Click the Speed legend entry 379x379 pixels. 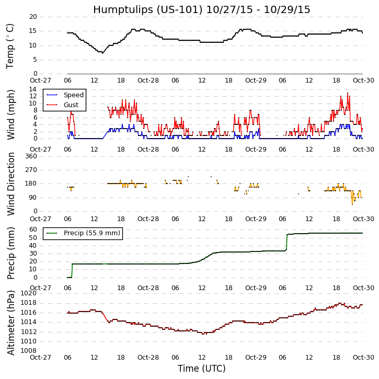pos(73,95)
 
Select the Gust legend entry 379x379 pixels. pos(71,105)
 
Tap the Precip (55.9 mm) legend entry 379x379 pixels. pos(91,233)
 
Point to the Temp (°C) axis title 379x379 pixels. pos(10,45)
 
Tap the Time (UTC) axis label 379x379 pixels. pos(201,369)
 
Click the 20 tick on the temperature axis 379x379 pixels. pos(33,17)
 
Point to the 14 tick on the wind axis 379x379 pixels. pos(33,89)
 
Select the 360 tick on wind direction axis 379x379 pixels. pos(31,156)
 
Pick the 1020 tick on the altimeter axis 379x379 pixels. pos(29,293)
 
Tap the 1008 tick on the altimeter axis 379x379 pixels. pos(29,351)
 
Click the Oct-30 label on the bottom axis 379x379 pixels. pos(363,358)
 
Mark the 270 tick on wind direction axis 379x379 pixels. pos(31,170)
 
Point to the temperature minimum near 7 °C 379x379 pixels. pos(101,52)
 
